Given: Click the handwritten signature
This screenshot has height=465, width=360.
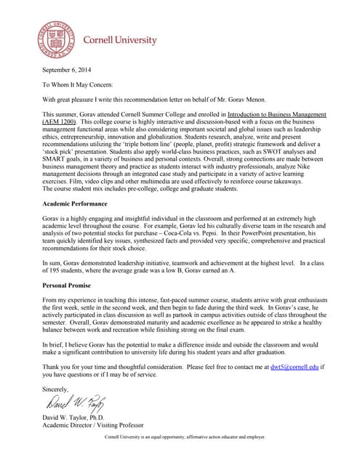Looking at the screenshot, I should click(76, 403).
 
